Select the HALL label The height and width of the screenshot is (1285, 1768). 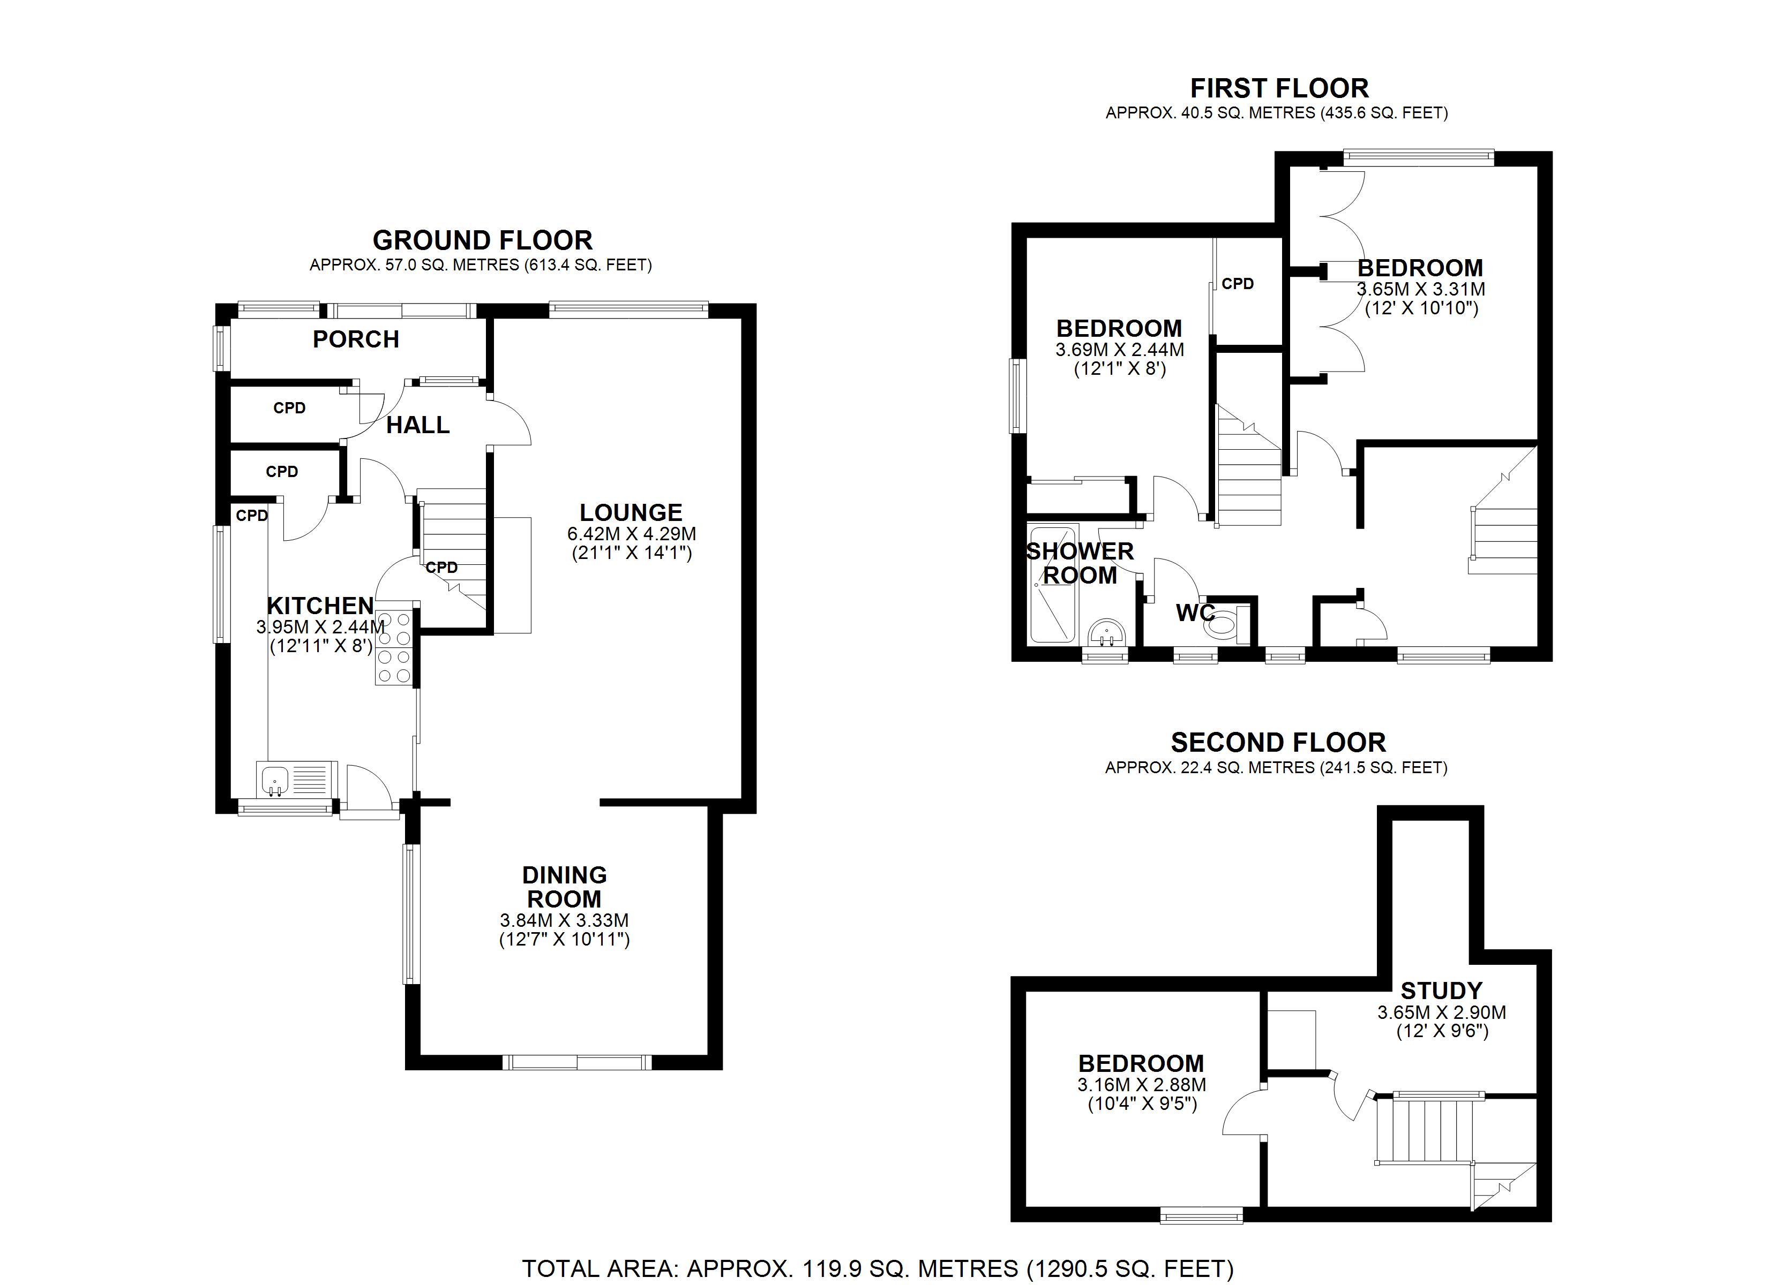pos(418,425)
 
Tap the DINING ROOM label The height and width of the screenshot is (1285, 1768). pos(564,886)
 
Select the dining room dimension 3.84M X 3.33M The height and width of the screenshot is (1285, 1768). pos(564,920)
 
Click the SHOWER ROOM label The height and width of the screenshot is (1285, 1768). pos(1080,563)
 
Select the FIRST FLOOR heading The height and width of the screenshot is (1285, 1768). pos(1279,88)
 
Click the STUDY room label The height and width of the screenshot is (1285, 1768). pos(1441,991)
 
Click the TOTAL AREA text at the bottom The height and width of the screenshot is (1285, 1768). pos(878,1268)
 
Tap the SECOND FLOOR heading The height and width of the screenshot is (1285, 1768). pos(1278,742)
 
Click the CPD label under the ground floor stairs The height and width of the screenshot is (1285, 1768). pos(441,568)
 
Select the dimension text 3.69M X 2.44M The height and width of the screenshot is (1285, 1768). pos(1119,350)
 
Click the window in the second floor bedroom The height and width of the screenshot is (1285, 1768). pos(1201,1215)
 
